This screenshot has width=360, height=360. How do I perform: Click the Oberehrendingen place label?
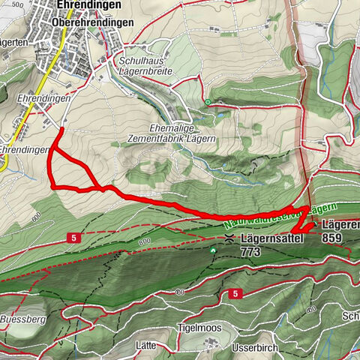[93, 22]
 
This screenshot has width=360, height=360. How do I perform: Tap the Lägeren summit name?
[340, 224]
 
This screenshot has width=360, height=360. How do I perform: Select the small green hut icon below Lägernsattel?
[213, 250]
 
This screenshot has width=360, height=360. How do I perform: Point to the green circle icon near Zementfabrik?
[207, 102]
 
